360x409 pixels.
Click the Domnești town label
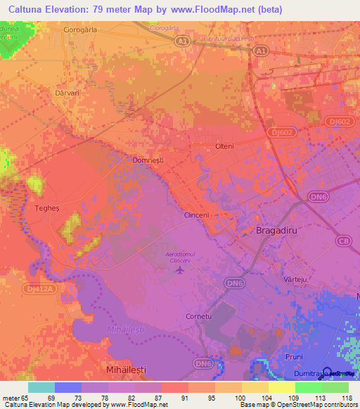pyautogui.click(x=148, y=160)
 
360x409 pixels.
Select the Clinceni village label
pyautogui.click(x=198, y=215)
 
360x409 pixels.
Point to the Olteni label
pyautogui.click(x=224, y=146)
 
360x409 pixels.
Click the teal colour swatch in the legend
pyautogui.click(x=41, y=387)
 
